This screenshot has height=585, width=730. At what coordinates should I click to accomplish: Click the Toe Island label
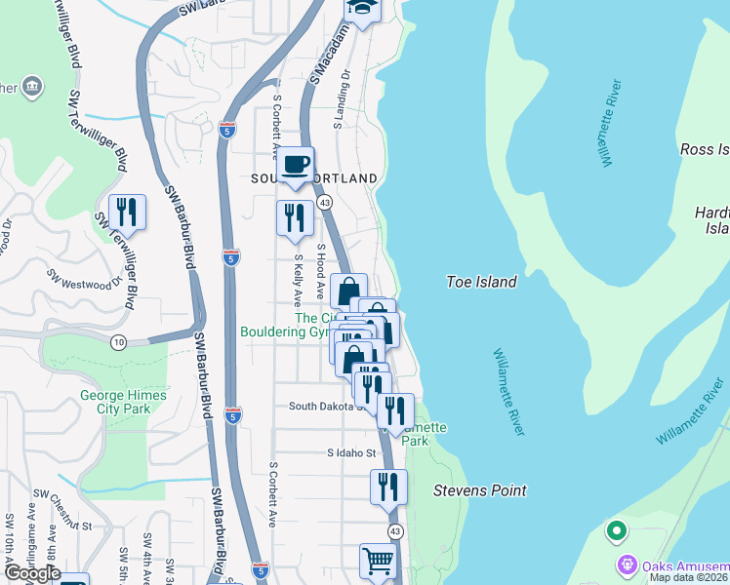tap(480, 282)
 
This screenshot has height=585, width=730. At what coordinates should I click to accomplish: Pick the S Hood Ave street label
tap(319, 263)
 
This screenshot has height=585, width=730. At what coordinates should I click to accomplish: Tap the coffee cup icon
tap(297, 165)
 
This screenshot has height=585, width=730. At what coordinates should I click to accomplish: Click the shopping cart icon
tap(378, 562)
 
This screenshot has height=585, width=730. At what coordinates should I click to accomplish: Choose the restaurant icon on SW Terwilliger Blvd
tap(127, 212)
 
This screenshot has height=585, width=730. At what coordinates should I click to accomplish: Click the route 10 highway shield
tap(118, 342)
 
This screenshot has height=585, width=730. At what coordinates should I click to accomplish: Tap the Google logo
tap(31, 573)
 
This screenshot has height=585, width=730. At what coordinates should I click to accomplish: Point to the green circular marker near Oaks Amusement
tap(615, 532)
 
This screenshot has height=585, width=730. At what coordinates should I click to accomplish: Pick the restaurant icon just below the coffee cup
tap(295, 217)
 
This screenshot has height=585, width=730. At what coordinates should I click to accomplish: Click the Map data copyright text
tap(689, 577)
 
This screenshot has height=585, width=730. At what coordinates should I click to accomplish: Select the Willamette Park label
tap(423, 434)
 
